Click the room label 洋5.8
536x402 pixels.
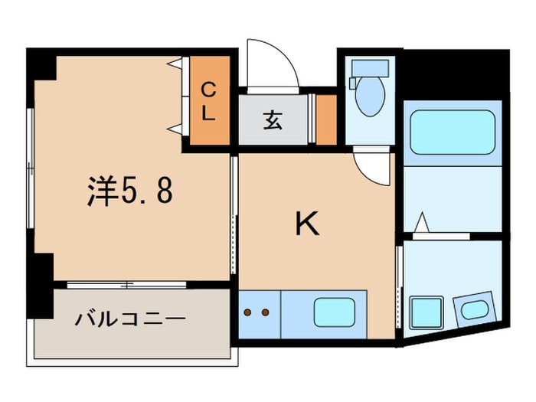pyautogui.click(x=130, y=191)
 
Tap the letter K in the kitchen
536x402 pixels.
pyautogui.click(x=307, y=224)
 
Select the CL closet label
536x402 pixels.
pyautogui.click(x=208, y=102)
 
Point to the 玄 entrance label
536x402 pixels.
pyautogui.click(x=273, y=120)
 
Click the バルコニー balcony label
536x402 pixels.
pyautogui.click(x=130, y=319)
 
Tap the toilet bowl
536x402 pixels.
pyautogui.click(x=370, y=96)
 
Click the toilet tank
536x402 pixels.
pyautogui.click(x=370, y=68)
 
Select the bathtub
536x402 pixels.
pyautogui.click(x=453, y=132)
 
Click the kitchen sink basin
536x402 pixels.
pyautogui.click(x=335, y=312)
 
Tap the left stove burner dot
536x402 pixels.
pyautogui.click(x=247, y=312)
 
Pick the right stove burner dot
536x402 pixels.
pyautogui.click(x=265, y=312)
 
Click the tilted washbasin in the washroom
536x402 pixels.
pyautogui.click(x=475, y=309)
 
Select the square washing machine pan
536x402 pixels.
pyautogui.click(x=427, y=312)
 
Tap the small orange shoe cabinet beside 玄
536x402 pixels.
pyautogui.click(x=326, y=119)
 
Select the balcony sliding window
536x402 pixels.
pyautogui.click(x=126, y=285)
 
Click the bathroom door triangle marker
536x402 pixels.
pyautogui.click(x=423, y=222)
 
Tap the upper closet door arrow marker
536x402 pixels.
pyautogui.click(x=175, y=64)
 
